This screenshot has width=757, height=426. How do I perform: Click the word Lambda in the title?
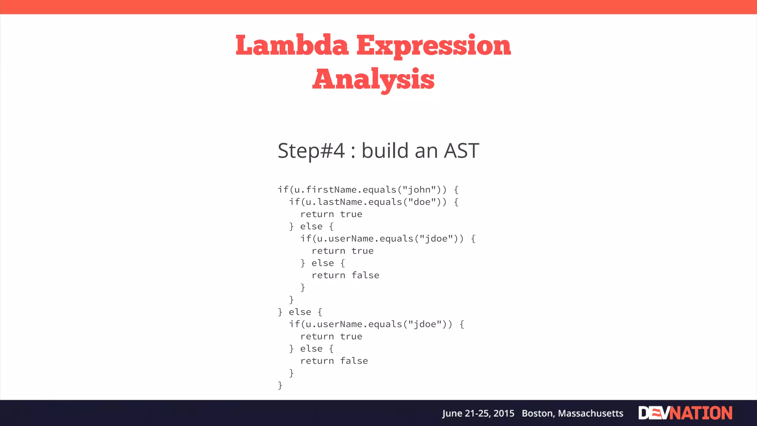click(292, 45)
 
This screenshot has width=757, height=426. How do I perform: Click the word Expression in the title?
click(434, 45)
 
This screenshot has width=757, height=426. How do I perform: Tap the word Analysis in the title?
click(373, 79)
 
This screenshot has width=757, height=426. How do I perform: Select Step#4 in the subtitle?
click(311, 151)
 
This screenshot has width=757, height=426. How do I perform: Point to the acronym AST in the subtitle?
click(461, 151)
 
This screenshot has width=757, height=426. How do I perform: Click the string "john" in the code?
click(420, 190)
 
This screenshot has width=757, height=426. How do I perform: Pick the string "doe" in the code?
click(422, 202)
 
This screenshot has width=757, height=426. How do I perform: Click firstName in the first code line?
click(331, 190)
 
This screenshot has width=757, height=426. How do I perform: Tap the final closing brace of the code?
click(280, 385)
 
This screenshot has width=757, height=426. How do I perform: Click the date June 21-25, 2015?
click(478, 413)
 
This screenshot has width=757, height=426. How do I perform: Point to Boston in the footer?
click(538, 413)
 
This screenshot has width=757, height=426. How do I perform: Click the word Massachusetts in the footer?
click(591, 413)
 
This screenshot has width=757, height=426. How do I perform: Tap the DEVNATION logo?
click(685, 413)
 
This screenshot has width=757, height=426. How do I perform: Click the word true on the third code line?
click(351, 214)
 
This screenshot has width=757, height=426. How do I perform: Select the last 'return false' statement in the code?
click(334, 361)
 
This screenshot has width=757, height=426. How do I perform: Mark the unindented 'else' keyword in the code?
click(300, 312)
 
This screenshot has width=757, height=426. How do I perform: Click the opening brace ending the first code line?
click(456, 190)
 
